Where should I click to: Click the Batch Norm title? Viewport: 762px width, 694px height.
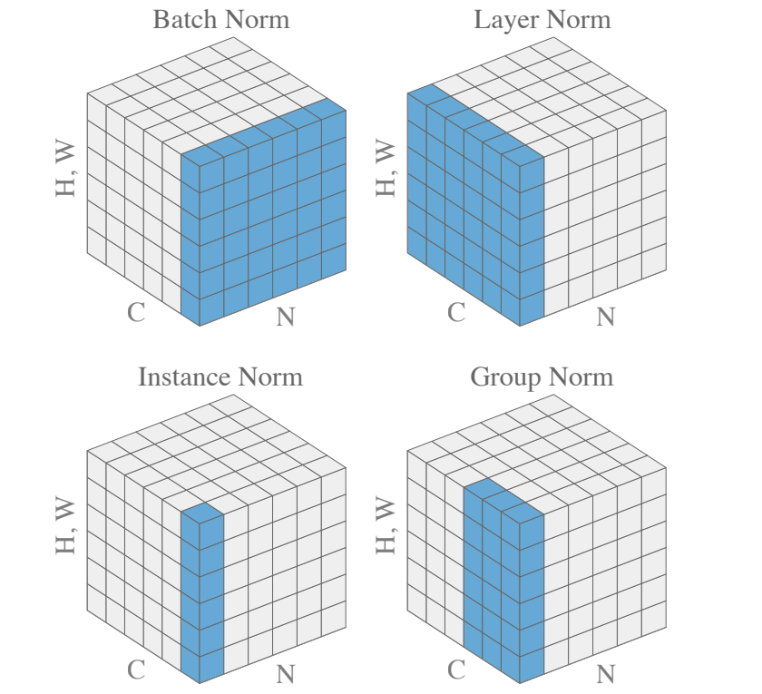220,20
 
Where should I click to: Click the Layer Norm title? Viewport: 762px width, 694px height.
542,20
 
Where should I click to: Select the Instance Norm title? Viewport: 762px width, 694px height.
220,376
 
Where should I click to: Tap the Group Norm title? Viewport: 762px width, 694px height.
542,376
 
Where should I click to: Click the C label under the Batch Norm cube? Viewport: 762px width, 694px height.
136,313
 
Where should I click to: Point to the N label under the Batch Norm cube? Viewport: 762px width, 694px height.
286,317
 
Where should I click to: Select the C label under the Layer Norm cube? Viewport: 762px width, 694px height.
456,313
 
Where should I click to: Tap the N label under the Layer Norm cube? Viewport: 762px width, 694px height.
606,317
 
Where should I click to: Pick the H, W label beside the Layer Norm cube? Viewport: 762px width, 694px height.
386,168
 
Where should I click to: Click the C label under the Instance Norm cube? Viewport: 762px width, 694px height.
136,670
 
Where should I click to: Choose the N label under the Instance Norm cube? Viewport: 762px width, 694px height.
286,674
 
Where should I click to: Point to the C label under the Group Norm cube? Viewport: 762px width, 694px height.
456,670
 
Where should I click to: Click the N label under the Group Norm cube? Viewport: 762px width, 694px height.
606,674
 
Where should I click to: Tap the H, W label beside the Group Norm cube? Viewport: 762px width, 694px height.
386,525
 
